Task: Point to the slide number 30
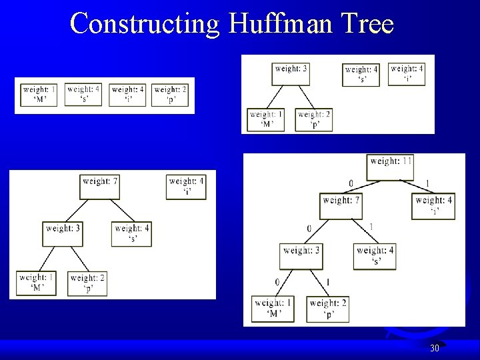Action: click(434, 348)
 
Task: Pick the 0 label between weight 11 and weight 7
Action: click(351, 184)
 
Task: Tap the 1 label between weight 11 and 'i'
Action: click(427, 184)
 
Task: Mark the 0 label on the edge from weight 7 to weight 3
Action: click(309, 229)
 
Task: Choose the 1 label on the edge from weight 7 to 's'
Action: click(371, 227)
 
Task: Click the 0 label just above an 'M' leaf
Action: click(277, 282)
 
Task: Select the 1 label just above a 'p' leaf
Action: click(327, 282)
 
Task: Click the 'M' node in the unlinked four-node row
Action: click(39, 94)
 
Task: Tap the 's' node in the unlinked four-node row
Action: click(84, 94)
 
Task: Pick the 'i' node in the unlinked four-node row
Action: click(128, 94)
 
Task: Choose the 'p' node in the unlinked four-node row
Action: click(171, 94)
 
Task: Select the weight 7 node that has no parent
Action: click(100, 186)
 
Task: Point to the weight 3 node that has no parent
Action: click(291, 73)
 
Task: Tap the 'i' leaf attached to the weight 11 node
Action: click(434, 205)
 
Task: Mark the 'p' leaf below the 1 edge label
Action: click(328, 308)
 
